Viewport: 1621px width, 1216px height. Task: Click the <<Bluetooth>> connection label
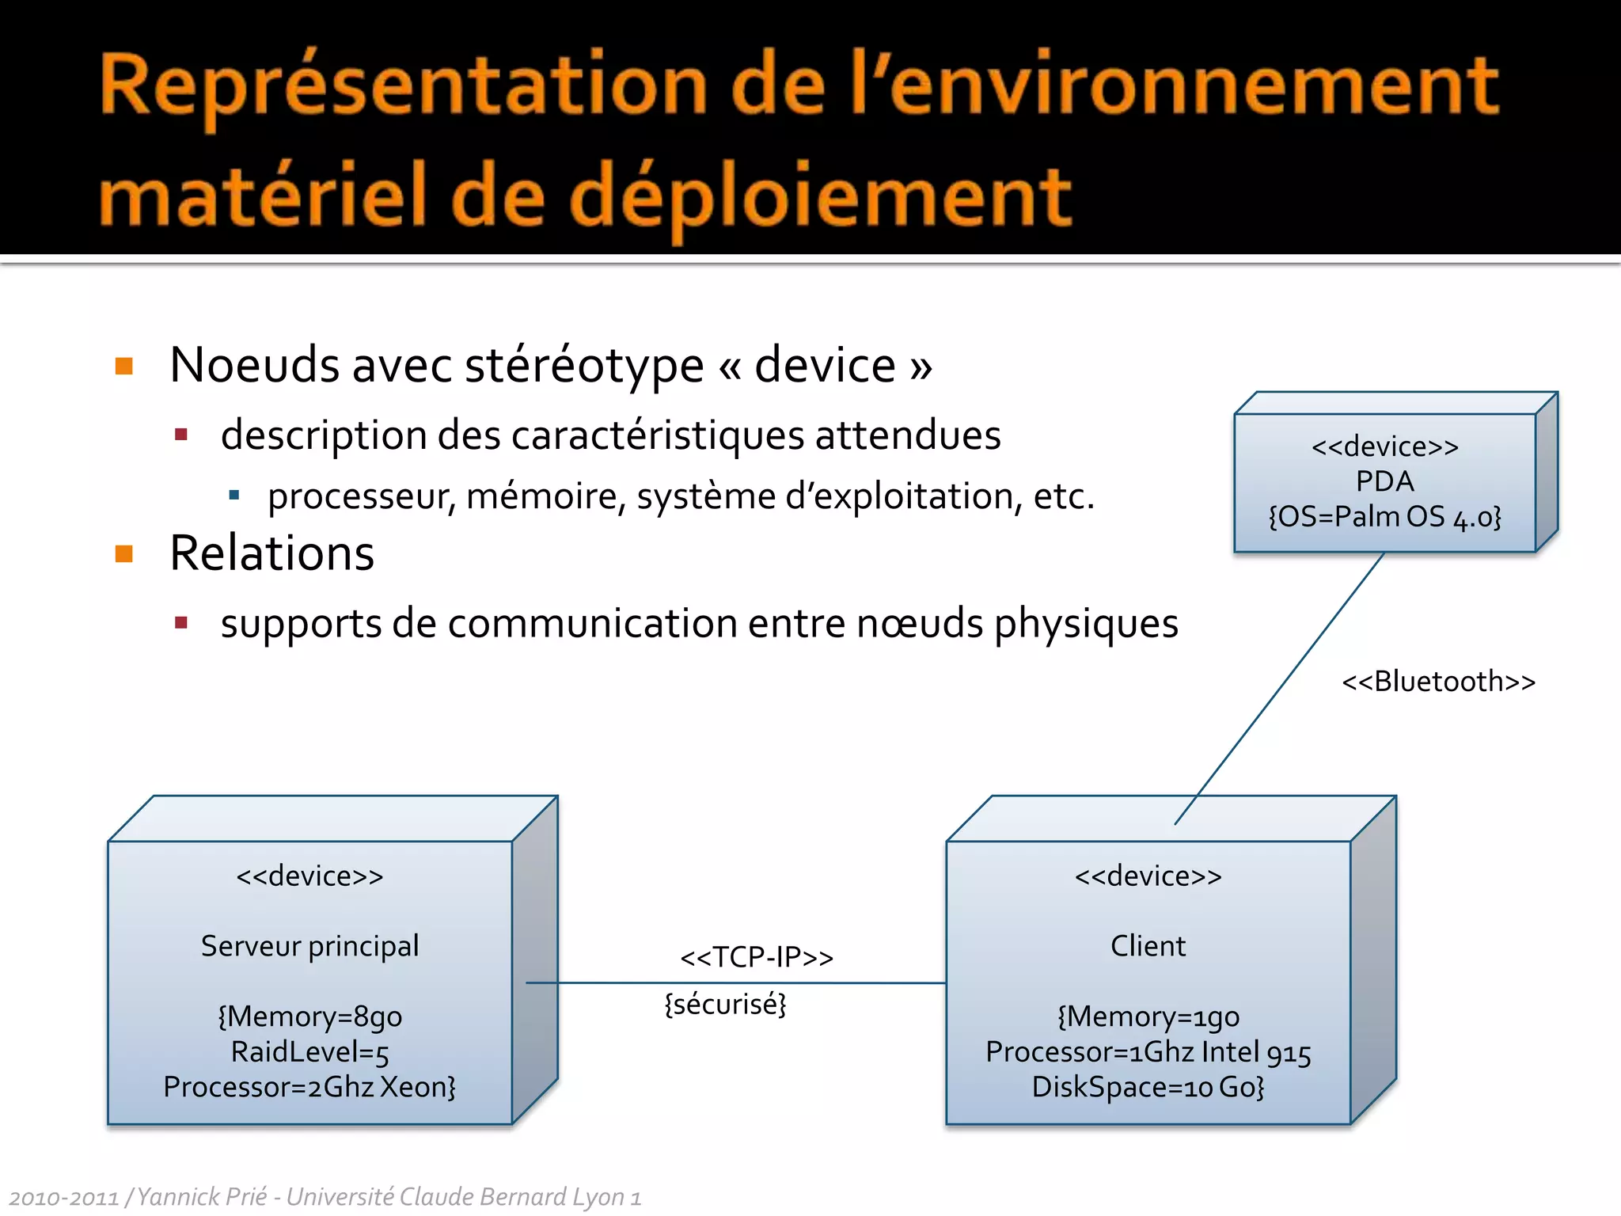pos(1438,682)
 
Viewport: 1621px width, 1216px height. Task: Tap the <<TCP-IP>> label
pos(757,958)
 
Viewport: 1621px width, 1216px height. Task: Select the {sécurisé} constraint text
pos(725,1005)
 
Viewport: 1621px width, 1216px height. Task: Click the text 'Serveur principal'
pos(309,946)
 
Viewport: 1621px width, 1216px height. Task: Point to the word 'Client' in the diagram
pos(1148,946)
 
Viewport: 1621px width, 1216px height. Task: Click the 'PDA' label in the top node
pos(1384,481)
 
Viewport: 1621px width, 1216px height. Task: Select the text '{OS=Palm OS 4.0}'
pos(1384,517)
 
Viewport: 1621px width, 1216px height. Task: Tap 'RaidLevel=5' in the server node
pos(309,1052)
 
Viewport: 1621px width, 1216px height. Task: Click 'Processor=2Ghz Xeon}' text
pos(309,1087)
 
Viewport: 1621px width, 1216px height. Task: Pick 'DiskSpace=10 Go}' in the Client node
pos(1148,1087)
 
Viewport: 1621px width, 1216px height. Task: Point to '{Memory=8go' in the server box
pos(309,1016)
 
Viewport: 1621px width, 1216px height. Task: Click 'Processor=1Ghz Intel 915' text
pos(1148,1052)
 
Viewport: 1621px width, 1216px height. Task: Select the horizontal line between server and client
pos(736,982)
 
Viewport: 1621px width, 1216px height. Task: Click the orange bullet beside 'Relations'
pos(124,553)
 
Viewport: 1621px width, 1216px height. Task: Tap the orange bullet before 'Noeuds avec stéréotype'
pos(124,366)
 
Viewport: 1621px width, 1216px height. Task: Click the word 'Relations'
pos(271,553)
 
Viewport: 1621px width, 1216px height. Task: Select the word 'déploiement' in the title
pos(819,198)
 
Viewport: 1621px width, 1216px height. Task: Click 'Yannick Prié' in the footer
pos(202,1196)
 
